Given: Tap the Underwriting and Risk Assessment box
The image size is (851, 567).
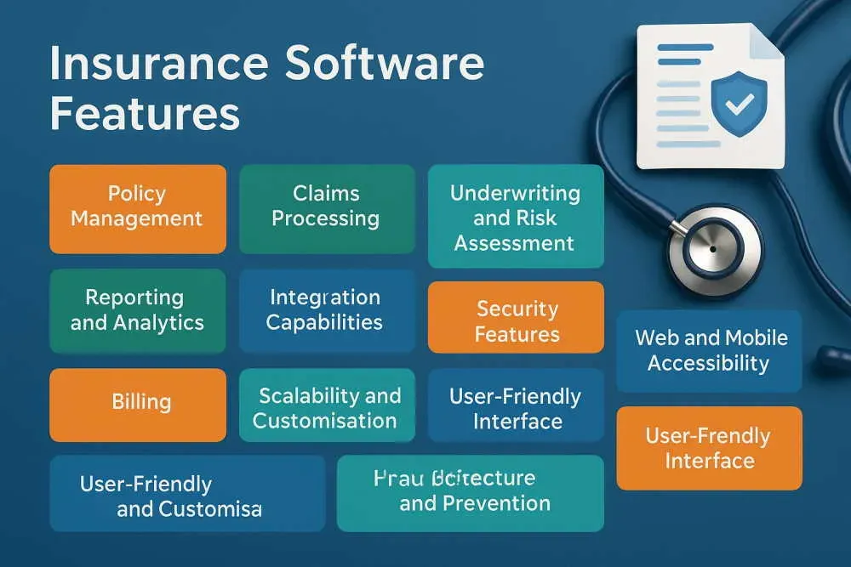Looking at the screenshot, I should point(515,217).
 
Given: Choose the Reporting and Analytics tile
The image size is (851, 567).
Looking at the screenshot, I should point(137,310).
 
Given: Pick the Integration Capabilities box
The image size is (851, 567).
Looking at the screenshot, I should point(326,310).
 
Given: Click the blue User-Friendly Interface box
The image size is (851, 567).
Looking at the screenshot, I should point(515,406).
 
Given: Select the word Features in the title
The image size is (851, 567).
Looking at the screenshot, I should point(144,113).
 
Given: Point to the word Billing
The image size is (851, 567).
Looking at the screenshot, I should point(141,401).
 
